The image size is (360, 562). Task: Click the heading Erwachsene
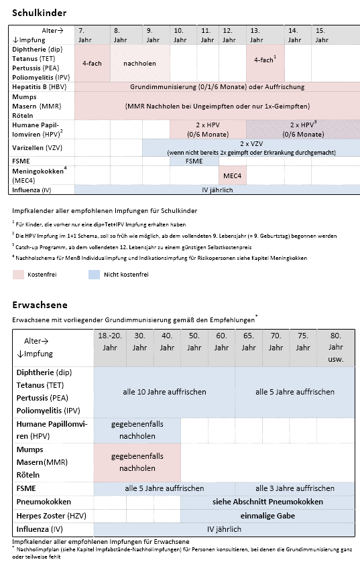click(36, 305)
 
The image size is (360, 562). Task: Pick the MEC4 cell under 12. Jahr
click(228, 176)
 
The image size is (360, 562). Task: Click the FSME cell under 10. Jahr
click(194, 161)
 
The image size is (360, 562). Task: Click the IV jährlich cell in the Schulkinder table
click(217, 190)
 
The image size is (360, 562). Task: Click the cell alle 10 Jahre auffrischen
click(164, 392)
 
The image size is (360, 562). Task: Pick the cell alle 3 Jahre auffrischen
click(294, 488)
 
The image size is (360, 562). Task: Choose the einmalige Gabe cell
click(267, 516)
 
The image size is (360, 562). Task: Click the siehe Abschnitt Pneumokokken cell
click(267, 502)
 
